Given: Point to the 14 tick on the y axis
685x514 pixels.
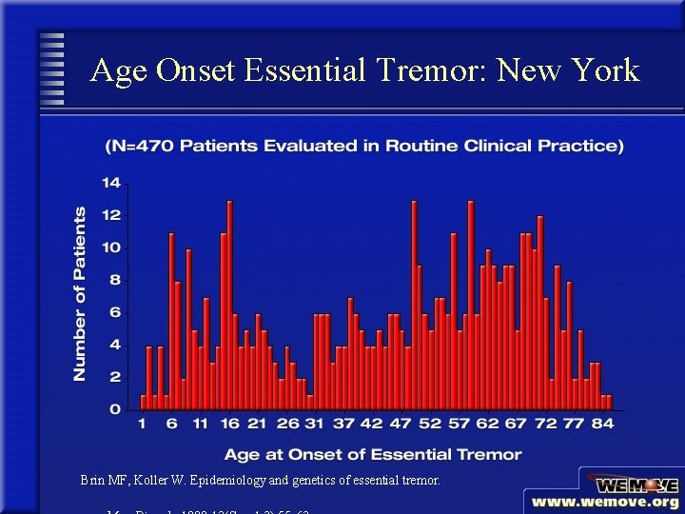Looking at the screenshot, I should pyautogui.click(x=111, y=183).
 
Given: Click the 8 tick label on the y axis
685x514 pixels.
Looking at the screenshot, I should pyautogui.click(x=115, y=280).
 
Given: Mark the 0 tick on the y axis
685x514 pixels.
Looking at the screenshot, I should pyautogui.click(x=115, y=409).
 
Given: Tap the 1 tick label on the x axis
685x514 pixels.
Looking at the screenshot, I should pyautogui.click(x=143, y=424).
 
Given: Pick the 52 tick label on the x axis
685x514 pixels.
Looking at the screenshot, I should pyautogui.click(x=431, y=424).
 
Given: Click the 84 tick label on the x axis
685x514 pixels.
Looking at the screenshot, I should pyautogui.click(x=602, y=424).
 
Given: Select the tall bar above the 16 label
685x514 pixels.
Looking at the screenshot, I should pyautogui.click(x=229, y=305).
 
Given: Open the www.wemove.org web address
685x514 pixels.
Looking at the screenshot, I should pyautogui.click(x=605, y=502).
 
